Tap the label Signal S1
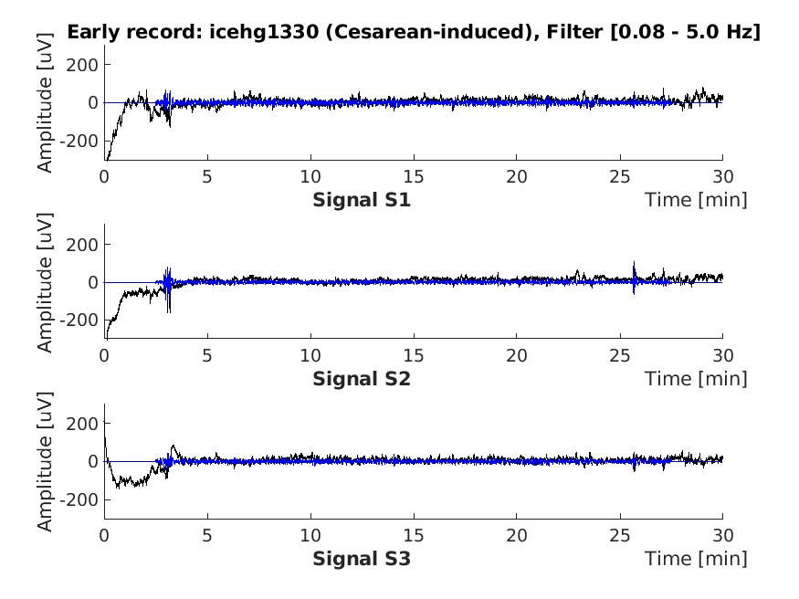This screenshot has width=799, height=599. (x=362, y=199)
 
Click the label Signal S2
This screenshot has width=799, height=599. (x=362, y=378)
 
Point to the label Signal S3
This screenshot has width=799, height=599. (x=362, y=557)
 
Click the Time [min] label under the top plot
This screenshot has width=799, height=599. (x=696, y=199)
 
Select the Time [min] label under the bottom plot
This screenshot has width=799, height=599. (x=696, y=557)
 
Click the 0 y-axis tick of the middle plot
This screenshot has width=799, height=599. (x=93, y=282)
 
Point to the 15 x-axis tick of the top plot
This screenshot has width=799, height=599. (x=415, y=176)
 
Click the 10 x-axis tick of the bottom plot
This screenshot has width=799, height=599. (x=311, y=534)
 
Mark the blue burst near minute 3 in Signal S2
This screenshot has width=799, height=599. (x=168, y=284)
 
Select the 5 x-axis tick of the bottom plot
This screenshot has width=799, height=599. (x=208, y=534)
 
